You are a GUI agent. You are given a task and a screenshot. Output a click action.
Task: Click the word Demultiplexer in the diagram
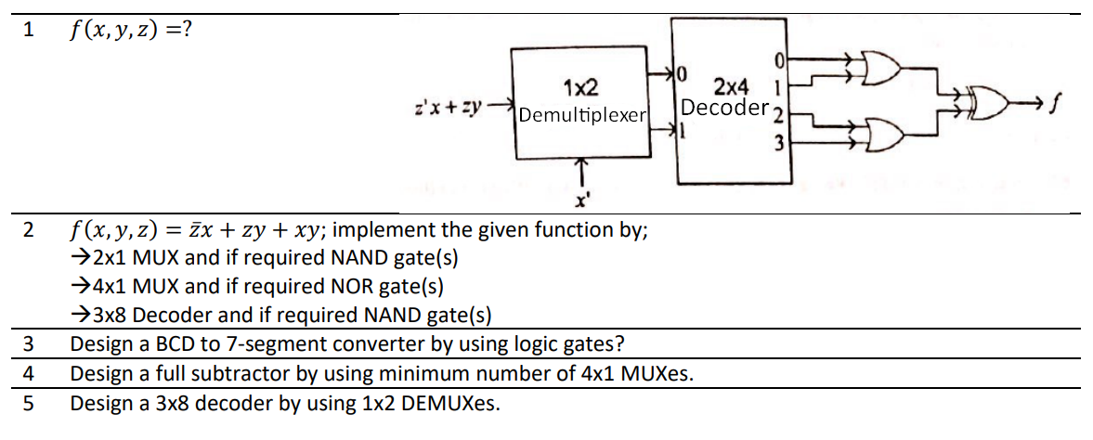[582, 115]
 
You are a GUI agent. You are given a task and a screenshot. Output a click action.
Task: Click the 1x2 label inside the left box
[580, 89]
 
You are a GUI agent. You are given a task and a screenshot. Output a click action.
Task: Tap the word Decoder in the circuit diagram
[724, 108]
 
